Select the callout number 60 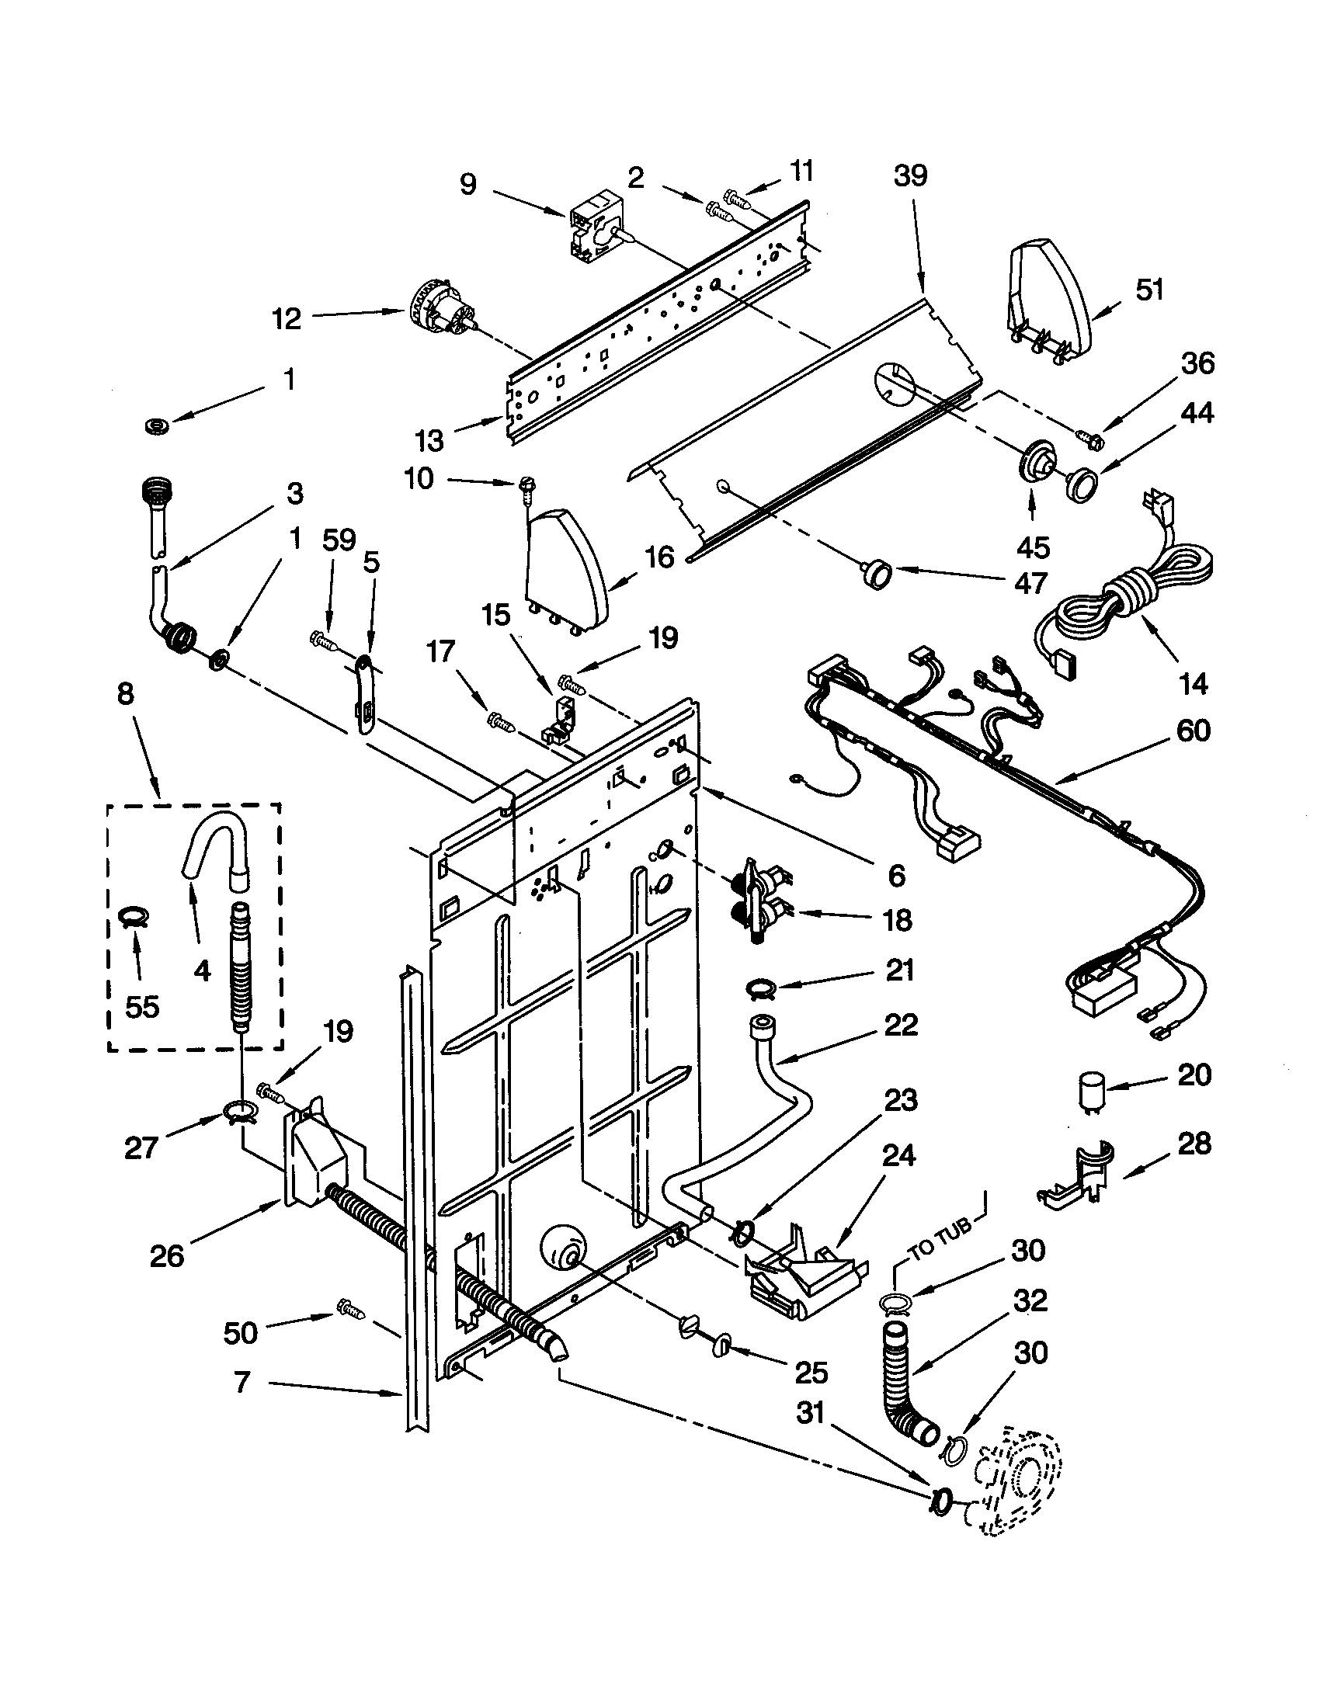tap(1192, 731)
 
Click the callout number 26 tap(166, 1255)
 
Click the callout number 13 tap(429, 440)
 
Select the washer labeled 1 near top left tap(159, 426)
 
